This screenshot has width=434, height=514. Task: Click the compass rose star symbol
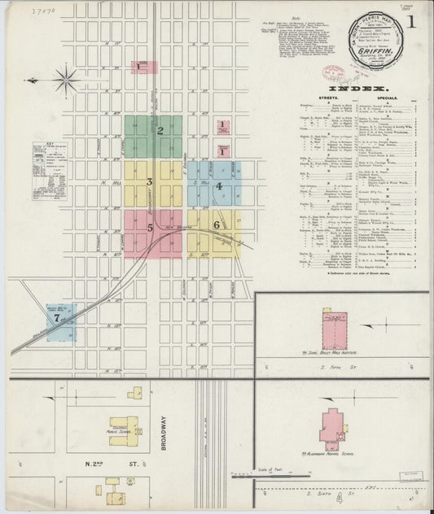tap(67, 80)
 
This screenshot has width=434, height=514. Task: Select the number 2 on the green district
tap(160, 130)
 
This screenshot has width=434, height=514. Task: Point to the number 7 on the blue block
tap(56, 319)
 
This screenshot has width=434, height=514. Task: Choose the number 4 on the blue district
tap(218, 186)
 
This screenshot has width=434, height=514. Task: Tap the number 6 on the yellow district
tap(216, 224)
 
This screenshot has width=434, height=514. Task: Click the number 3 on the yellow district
tap(150, 181)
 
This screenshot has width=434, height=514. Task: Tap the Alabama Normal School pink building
tap(333, 425)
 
